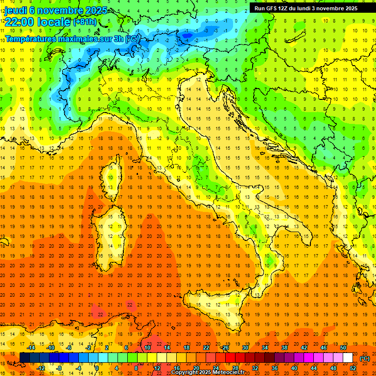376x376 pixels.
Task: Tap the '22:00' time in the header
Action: coord(17,22)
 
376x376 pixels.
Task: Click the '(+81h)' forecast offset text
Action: coord(85,22)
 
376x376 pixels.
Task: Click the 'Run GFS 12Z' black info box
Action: coord(305,8)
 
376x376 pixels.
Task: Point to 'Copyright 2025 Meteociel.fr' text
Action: coord(211,372)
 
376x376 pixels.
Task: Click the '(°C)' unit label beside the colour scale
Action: coord(365,358)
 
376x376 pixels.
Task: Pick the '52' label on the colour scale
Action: coord(353,368)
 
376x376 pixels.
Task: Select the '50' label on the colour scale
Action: coord(343,348)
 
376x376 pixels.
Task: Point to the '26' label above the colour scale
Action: coord(225,348)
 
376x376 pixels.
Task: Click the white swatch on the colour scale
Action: coord(348,358)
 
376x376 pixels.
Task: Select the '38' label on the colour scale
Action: coord(284,348)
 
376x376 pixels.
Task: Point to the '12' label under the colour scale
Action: coord(157,368)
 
